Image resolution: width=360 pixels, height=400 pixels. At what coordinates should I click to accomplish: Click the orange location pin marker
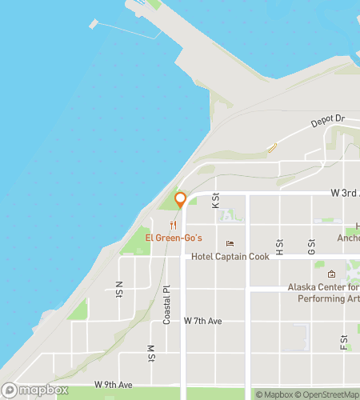click(x=181, y=200)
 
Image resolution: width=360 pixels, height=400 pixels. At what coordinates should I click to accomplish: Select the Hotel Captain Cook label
click(x=233, y=258)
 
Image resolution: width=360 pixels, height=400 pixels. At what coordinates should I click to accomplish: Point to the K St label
click(x=215, y=201)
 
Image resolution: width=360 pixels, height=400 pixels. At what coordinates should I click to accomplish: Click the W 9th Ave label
click(x=112, y=385)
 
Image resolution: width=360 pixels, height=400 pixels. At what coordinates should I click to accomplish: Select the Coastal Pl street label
click(x=167, y=305)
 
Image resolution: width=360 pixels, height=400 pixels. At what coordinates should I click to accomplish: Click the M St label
click(x=150, y=353)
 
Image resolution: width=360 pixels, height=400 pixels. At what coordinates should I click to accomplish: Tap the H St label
click(x=279, y=247)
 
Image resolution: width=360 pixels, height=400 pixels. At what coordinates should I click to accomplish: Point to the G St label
click(x=311, y=247)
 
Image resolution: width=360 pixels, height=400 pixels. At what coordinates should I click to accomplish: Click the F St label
click(x=343, y=343)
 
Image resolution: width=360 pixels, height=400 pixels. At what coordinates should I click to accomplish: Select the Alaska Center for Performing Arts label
click(x=324, y=293)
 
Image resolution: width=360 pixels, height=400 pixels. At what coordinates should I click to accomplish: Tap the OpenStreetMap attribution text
click(x=329, y=394)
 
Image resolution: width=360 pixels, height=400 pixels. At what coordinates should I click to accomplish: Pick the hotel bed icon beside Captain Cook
click(x=230, y=244)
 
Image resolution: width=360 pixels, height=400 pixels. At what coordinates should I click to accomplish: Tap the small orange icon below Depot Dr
click(x=271, y=147)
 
